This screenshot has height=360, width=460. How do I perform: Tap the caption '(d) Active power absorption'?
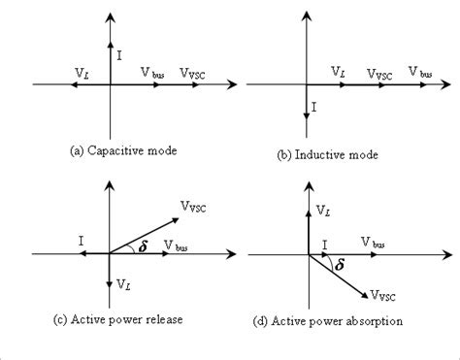(340, 319)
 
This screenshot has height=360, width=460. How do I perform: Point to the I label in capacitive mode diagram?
(118, 55)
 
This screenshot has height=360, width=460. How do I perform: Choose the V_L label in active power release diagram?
(123, 283)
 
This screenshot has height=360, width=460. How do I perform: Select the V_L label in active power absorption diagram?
(324, 211)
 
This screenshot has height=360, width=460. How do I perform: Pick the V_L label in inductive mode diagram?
(339, 73)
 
